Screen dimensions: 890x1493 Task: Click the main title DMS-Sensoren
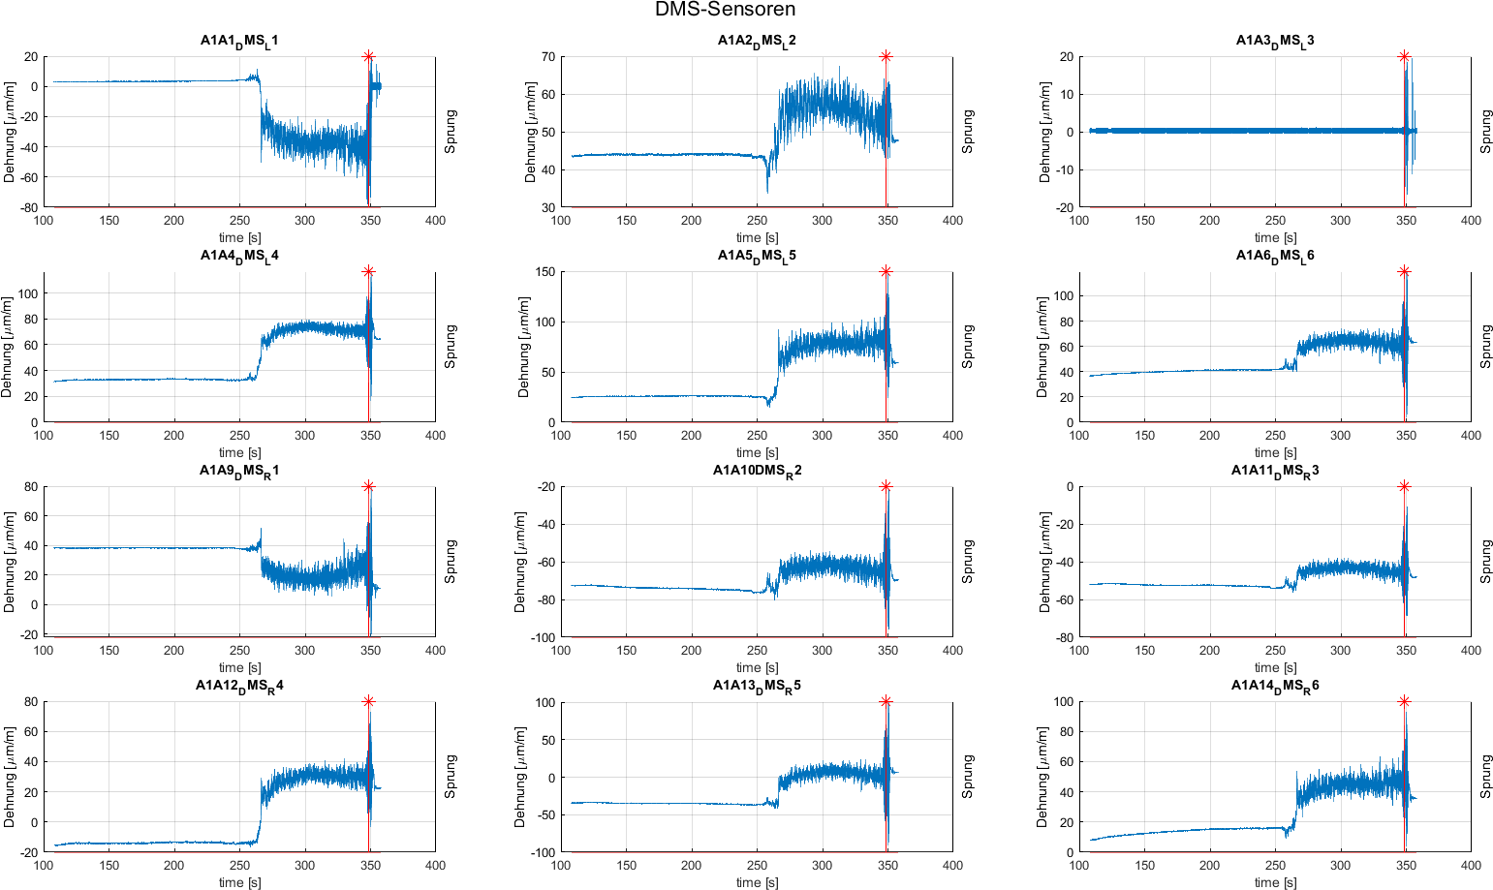pos(725,10)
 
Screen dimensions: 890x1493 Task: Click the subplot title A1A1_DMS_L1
pos(239,41)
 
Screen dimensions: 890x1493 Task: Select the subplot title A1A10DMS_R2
pos(757,471)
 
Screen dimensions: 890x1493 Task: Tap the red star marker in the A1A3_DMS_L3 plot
pos(1404,56)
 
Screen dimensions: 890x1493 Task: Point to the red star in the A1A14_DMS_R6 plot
pos(1404,701)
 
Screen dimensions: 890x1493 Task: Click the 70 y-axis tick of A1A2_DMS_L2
pos(548,57)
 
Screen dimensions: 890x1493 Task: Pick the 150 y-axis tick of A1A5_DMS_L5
pos(544,272)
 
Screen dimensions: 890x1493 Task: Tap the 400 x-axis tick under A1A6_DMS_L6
pos(1471,436)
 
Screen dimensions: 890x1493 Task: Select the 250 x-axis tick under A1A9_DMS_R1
pos(239,651)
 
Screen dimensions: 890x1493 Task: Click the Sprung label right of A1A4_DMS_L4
pos(451,347)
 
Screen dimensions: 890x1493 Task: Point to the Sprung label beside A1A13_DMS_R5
pos(968,777)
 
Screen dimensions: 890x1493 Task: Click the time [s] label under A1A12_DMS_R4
pos(239,882)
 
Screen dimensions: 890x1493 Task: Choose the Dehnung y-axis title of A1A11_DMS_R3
pos(1044,562)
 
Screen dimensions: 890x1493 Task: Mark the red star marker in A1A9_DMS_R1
pos(368,486)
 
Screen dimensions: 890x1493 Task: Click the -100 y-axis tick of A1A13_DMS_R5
pos(540,852)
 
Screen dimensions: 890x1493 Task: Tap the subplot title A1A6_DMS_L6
pos(1275,256)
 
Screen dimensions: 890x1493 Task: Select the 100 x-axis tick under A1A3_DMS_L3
pos(1079,221)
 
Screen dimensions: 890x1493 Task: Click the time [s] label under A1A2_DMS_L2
pos(757,237)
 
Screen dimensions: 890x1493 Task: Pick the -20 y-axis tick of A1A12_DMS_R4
pos(27,852)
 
